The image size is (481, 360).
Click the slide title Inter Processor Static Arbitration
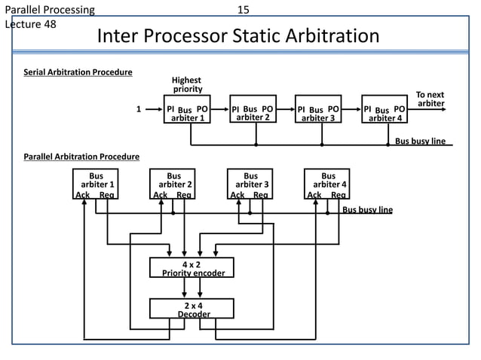pyautogui.click(x=238, y=36)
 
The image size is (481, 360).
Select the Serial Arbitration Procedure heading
pyautogui.click(x=78, y=72)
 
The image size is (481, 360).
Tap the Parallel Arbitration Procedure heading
pyautogui.click(x=81, y=157)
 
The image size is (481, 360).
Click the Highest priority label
pyautogui.click(x=187, y=84)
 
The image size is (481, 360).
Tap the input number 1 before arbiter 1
pyautogui.click(x=138, y=108)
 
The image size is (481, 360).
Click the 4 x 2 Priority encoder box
pyautogui.click(x=191, y=268)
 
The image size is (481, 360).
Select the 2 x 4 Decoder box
pyautogui.click(x=191, y=309)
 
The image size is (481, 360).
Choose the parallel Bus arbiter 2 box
pyautogui.click(x=173, y=183)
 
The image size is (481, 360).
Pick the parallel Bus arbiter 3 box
pyautogui.click(x=250, y=183)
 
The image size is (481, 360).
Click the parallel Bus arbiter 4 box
pyautogui.click(x=327, y=183)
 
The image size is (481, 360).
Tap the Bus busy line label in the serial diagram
pyautogui.click(x=421, y=141)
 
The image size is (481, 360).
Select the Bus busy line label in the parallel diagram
pyautogui.click(x=368, y=209)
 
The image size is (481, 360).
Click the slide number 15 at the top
pyautogui.click(x=243, y=10)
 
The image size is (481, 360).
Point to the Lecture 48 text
pyautogui.click(x=30, y=23)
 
